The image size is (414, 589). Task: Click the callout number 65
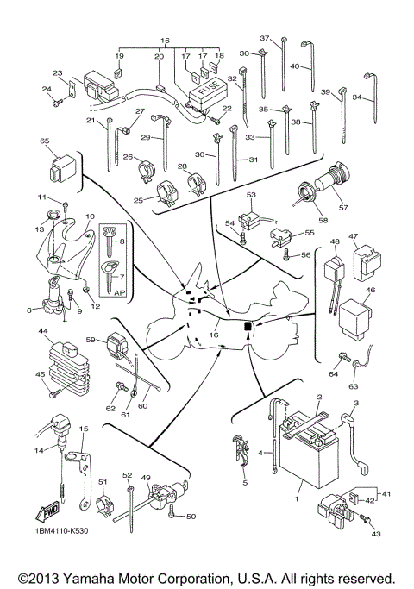(x=44, y=141)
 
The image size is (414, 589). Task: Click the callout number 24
(x=46, y=89)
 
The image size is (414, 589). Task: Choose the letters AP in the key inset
(x=111, y=291)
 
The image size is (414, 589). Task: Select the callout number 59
(x=89, y=340)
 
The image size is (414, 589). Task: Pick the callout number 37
(x=265, y=39)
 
